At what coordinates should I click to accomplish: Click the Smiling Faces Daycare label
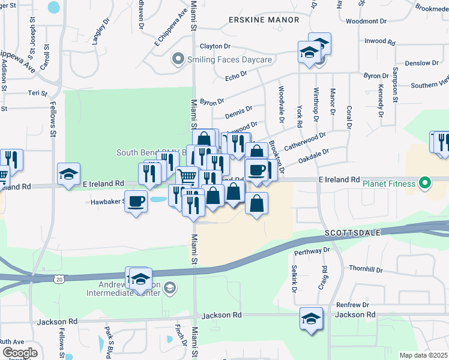(230, 59)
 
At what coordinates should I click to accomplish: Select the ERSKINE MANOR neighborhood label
(264, 20)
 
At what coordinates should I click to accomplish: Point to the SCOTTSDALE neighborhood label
(349, 232)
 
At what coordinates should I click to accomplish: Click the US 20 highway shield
(58, 280)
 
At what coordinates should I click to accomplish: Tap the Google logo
(19, 353)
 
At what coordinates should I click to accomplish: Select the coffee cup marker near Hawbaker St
(136, 202)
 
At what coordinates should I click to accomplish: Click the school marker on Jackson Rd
(312, 318)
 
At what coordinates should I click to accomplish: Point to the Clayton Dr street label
(215, 46)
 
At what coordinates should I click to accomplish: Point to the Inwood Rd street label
(380, 42)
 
